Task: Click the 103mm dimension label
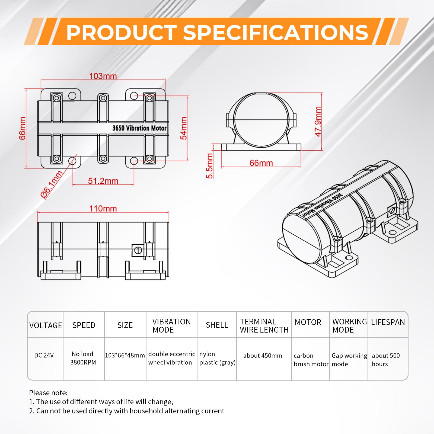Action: click(x=103, y=76)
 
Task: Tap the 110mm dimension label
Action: click(x=103, y=208)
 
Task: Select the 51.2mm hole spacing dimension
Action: click(x=103, y=181)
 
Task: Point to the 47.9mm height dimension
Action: click(x=318, y=121)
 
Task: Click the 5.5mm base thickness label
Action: click(x=210, y=166)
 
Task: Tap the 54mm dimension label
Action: click(x=184, y=128)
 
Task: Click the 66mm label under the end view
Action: click(x=261, y=163)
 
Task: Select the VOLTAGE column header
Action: click(x=46, y=325)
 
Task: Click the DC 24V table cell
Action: click(x=44, y=355)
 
